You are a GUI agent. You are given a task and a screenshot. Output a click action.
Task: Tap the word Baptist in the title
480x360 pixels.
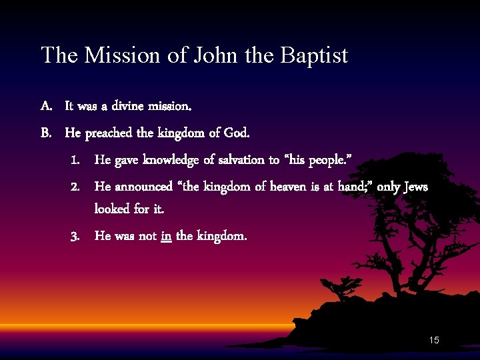[314, 55]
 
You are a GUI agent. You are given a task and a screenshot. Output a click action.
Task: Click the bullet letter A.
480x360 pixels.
[46, 106]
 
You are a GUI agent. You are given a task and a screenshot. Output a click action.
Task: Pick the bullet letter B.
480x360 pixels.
[46, 133]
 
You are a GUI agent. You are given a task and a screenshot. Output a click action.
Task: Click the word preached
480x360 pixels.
[108, 133]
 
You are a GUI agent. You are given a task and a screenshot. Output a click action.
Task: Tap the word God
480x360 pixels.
[236, 133]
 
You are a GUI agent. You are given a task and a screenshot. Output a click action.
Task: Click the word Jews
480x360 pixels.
[416, 187]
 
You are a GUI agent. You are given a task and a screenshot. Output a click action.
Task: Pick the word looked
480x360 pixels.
[113, 209]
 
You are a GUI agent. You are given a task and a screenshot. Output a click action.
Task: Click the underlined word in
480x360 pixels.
[166, 235]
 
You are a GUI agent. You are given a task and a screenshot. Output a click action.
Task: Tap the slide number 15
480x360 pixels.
[434, 341]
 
